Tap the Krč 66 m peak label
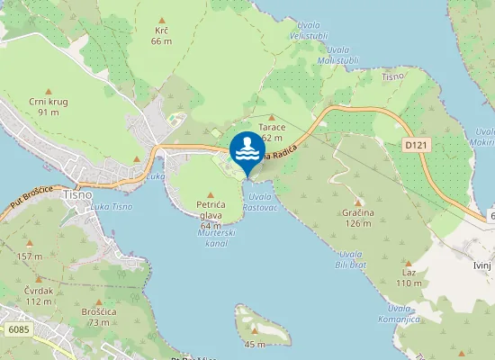click(162, 35)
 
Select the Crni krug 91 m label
click(49, 106)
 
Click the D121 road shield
click(414, 144)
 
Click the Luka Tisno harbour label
click(112, 207)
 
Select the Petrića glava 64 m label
click(210, 211)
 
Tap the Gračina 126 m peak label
click(357, 218)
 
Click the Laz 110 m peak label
click(409, 278)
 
